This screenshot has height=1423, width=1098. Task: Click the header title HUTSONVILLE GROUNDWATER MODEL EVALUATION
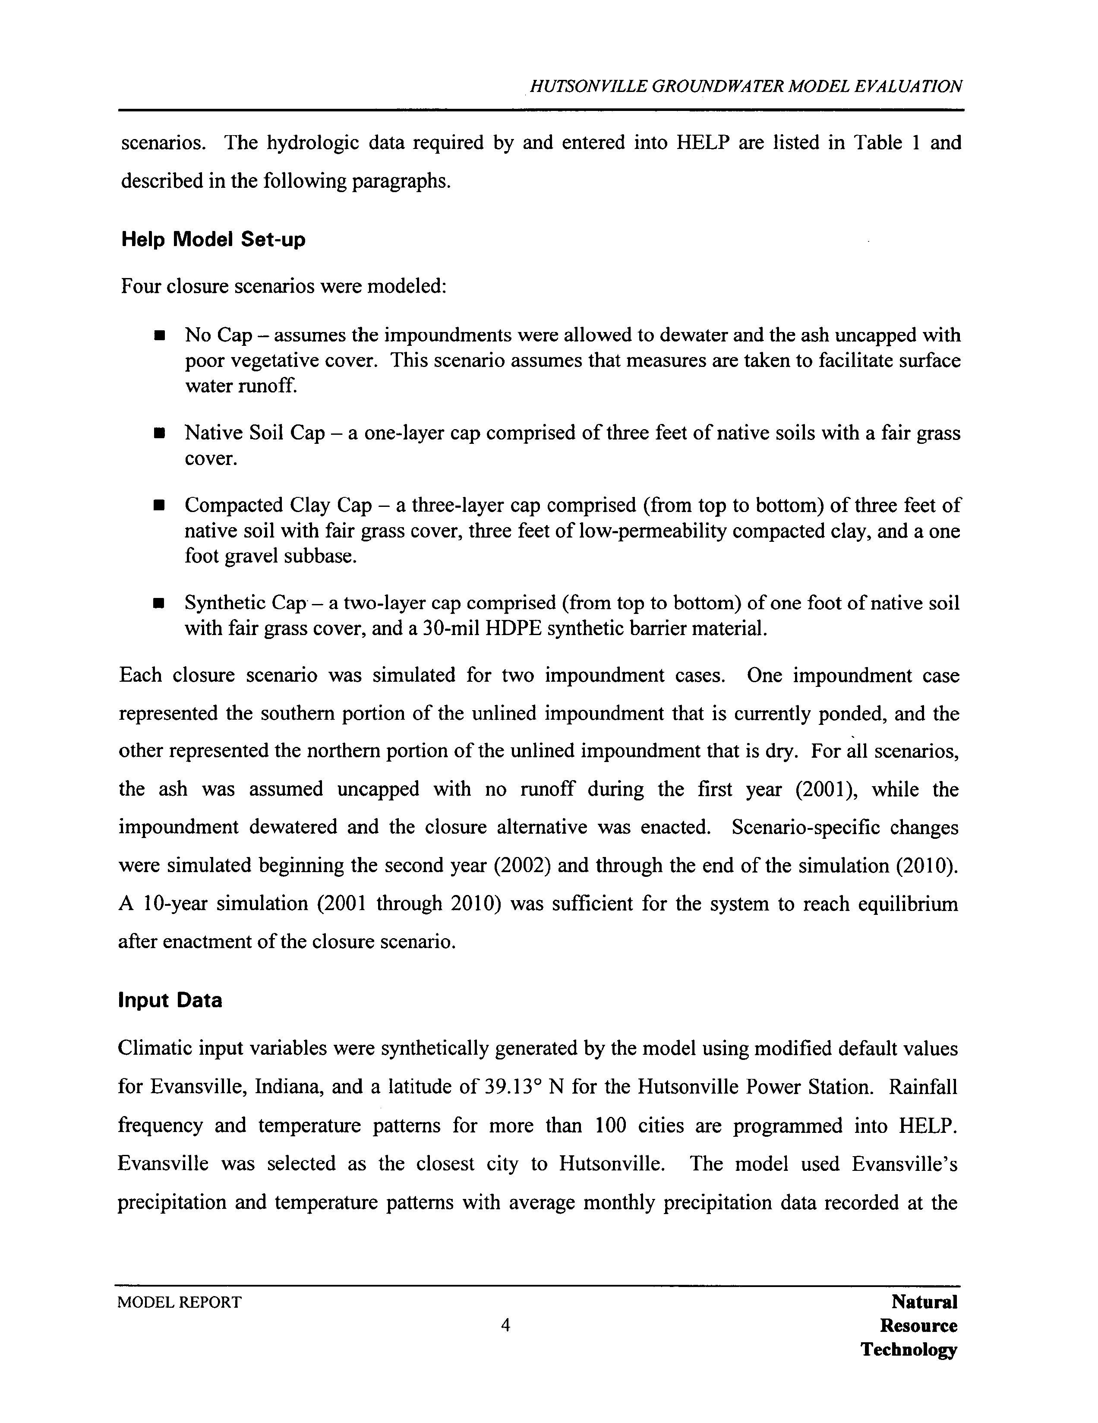click(746, 87)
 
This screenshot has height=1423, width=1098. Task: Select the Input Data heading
click(170, 1000)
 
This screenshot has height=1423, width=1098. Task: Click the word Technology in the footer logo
click(909, 1349)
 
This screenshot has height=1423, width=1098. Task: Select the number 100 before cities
click(610, 1125)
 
